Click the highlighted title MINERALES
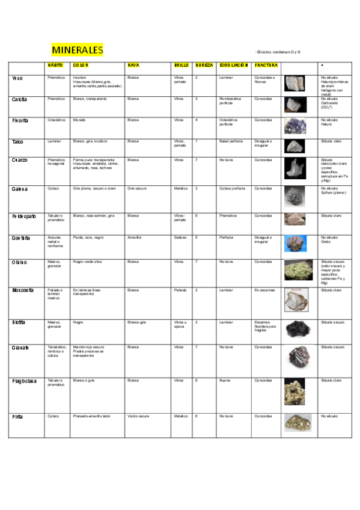tap(77, 50)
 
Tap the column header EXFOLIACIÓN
tap(234, 64)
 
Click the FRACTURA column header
tap(266, 64)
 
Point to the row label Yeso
tap(17, 78)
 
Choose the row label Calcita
tap(20, 99)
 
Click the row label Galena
tap(19, 189)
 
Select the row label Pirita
tap(17, 416)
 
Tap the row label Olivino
tap(19, 262)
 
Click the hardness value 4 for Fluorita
tap(197, 120)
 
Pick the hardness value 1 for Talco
tap(197, 141)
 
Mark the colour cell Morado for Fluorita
tap(80, 120)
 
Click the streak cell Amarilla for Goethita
tap(135, 238)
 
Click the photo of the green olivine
tap(298, 270)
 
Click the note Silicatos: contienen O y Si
tap(278, 52)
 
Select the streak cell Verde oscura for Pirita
tap(138, 416)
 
